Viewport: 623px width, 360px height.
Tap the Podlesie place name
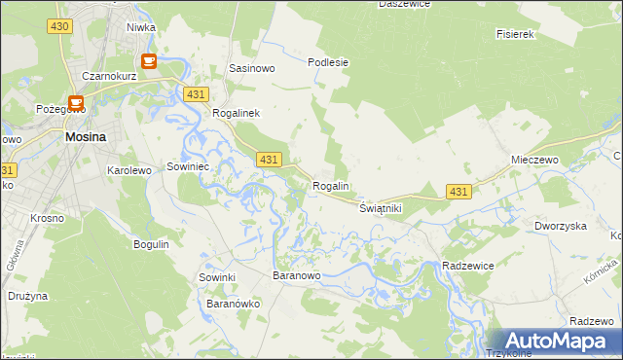pyautogui.click(x=328, y=62)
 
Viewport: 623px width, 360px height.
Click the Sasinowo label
pyautogui.click(x=251, y=69)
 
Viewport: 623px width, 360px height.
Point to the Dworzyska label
pyautogui.click(x=560, y=226)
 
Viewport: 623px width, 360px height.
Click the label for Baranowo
pyautogui.click(x=296, y=276)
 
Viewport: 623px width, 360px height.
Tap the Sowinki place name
pyautogui.click(x=218, y=277)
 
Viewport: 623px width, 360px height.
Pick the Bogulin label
pyautogui.click(x=152, y=244)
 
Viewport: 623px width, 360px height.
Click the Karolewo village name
pyautogui.click(x=128, y=170)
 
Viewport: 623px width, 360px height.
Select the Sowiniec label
pyautogui.click(x=189, y=166)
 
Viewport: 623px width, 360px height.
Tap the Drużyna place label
pyautogui.click(x=28, y=295)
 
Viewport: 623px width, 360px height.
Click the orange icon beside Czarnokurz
pyautogui.click(x=149, y=62)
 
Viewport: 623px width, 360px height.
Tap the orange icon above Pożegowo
pyautogui.click(x=75, y=100)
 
